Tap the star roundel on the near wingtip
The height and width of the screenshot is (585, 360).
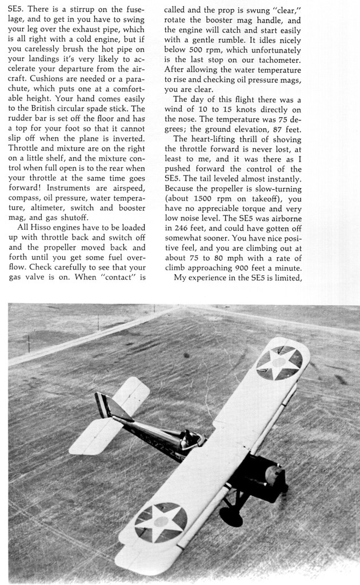coord(161,523)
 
